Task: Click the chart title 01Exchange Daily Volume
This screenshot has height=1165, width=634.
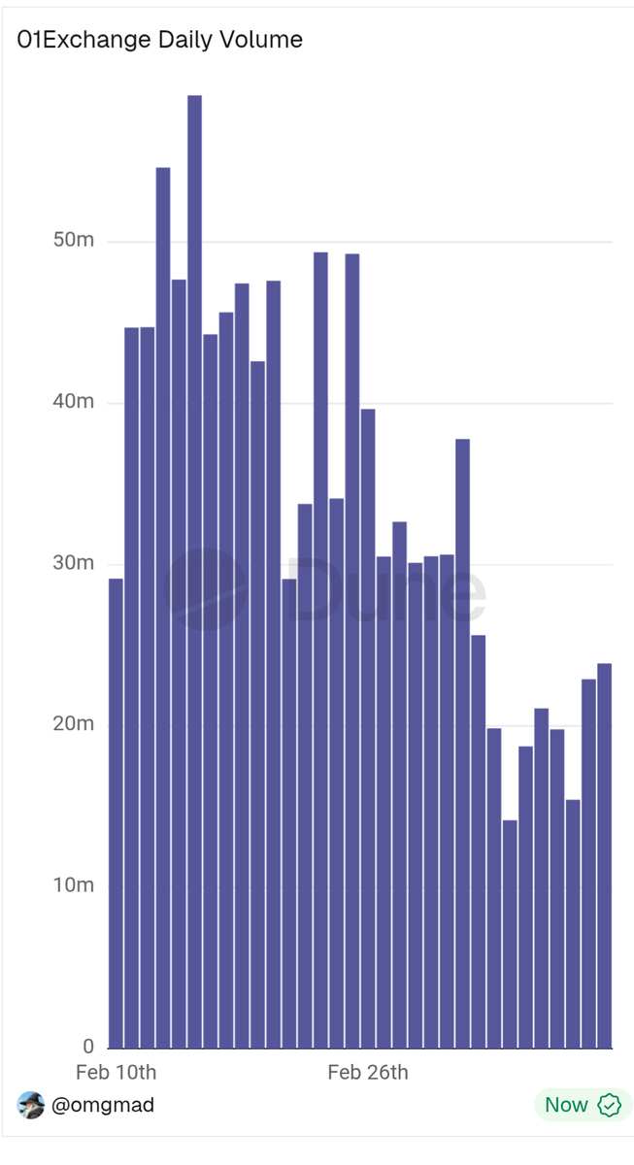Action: [x=160, y=40]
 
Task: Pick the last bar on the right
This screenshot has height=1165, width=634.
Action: [x=604, y=855]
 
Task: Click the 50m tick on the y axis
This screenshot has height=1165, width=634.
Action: [x=73, y=241]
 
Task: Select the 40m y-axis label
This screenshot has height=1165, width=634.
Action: [x=73, y=402]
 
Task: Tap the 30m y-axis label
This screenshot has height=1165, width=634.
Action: [x=73, y=563]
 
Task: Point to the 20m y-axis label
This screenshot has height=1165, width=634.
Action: [x=73, y=724]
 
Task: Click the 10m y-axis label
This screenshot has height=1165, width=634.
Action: [x=73, y=885]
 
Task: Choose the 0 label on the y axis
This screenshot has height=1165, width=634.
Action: [x=88, y=1047]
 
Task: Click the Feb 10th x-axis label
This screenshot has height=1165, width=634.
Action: [x=116, y=1073]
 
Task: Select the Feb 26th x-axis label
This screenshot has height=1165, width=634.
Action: [x=367, y=1073]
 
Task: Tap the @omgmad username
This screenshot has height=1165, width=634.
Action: [x=102, y=1105]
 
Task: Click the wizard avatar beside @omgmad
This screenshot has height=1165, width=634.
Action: [x=31, y=1105]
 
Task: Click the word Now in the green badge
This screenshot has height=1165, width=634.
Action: [x=566, y=1105]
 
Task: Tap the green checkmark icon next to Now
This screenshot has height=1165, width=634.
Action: [x=609, y=1105]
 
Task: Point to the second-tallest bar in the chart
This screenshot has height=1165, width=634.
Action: [x=163, y=608]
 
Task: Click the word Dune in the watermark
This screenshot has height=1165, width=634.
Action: [x=385, y=589]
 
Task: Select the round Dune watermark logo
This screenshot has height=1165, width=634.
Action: [x=204, y=589]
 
